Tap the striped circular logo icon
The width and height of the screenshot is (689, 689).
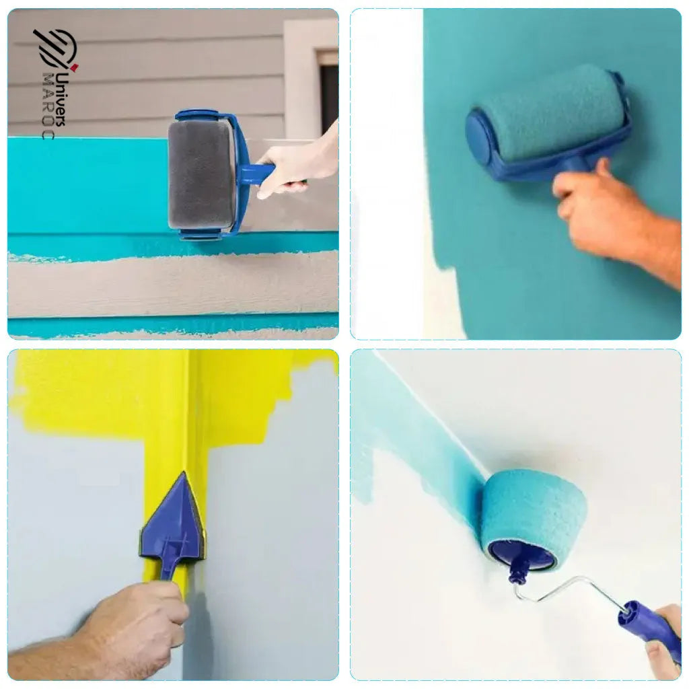(x=55, y=48)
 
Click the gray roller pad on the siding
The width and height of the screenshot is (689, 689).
(x=200, y=175)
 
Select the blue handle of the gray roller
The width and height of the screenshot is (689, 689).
(x=256, y=174)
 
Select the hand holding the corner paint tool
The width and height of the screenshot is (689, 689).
(x=141, y=619)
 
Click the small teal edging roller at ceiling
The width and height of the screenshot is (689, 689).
(x=535, y=511)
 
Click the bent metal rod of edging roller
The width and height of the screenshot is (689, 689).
(x=572, y=585)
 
